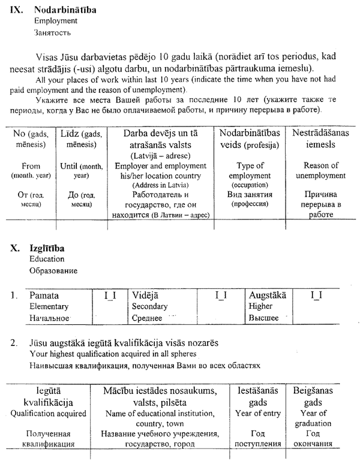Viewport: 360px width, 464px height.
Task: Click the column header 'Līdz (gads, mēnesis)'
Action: pyautogui.click(x=82, y=138)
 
